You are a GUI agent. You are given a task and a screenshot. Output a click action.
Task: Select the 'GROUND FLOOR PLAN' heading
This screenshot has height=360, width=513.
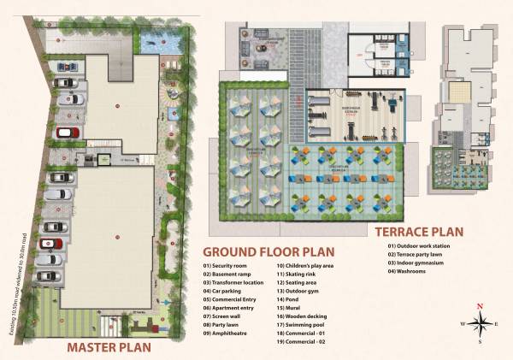coord(268,252)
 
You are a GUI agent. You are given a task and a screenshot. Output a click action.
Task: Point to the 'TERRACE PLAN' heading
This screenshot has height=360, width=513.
coord(418,231)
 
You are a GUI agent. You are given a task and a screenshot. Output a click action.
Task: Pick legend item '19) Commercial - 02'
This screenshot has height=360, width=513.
coord(304,342)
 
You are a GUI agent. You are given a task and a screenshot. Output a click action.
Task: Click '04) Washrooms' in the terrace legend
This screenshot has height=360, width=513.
coord(410,272)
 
